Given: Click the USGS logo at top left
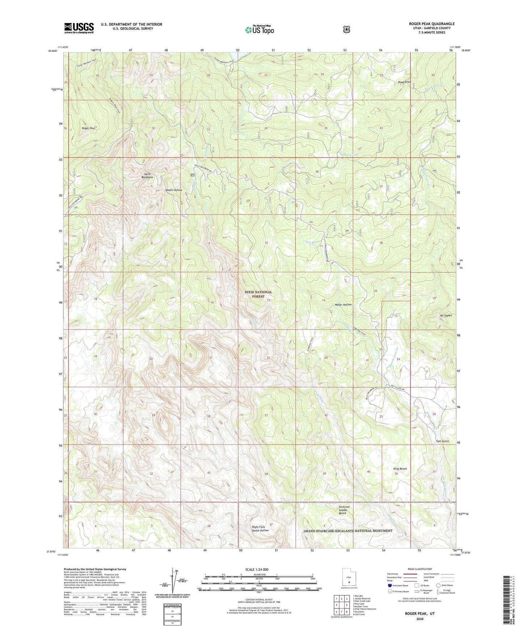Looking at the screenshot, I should pyautogui.click(x=79, y=28).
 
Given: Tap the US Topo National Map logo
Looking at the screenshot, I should pyautogui.click(x=260, y=30).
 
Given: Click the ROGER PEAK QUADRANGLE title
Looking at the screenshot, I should pyautogui.click(x=427, y=24).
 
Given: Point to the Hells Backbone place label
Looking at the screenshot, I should pyautogui.click(x=147, y=176).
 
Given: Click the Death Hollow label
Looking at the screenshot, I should pyautogui.click(x=174, y=190).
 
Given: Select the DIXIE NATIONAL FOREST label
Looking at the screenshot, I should pyautogui.click(x=258, y=294).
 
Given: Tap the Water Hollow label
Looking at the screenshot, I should pyautogui.click(x=343, y=305).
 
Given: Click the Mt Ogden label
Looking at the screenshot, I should pyautogui.click(x=446, y=316).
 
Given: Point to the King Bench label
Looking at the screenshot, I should pyautogui.click(x=400, y=469).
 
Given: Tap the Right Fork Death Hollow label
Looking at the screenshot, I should pyautogui.click(x=260, y=528).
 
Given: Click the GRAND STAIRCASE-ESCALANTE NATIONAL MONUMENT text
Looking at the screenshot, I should pyautogui.click(x=348, y=531).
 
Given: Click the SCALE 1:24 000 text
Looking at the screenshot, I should pyautogui.click(x=257, y=569).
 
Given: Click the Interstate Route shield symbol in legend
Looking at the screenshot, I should pyautogui.click(x=389, y=585).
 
